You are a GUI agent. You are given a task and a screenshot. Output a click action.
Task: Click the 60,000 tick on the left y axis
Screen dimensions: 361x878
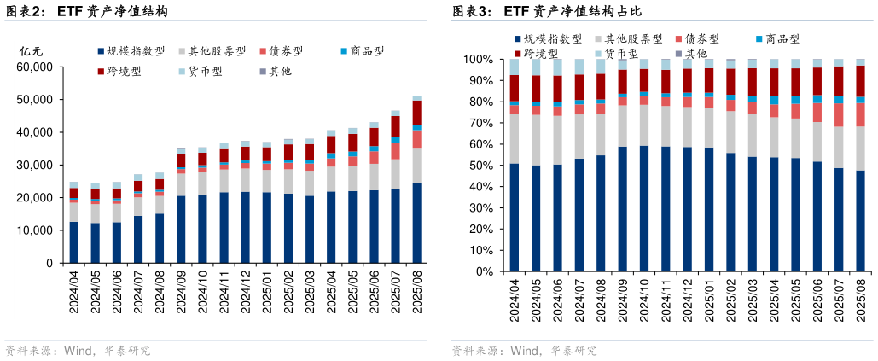pos(36,67)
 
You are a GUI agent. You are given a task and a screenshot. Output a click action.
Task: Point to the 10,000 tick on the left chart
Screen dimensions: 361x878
pos(36,230)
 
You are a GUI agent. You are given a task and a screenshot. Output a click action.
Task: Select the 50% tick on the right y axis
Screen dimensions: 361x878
pos(480,166)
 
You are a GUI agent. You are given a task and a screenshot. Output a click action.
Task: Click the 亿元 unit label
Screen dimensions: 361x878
pos(31,51)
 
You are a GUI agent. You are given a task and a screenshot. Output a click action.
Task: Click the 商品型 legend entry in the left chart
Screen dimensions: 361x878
pos(362,51)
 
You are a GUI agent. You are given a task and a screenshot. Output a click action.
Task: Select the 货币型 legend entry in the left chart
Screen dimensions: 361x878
pos(205,71)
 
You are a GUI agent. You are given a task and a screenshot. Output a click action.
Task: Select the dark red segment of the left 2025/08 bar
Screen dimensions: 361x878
pos(417,113)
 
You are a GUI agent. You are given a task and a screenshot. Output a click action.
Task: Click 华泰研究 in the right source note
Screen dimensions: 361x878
pos(573,350)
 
